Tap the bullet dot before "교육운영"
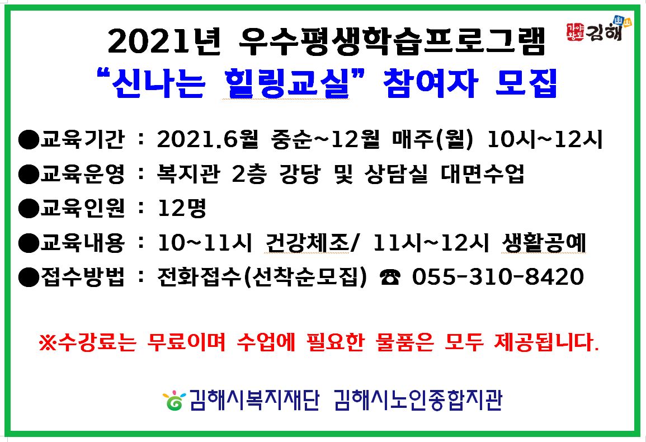click(x=27, y=175)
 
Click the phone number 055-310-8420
click(x=498, y=276)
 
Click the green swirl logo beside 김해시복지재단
click(x=174, y=401)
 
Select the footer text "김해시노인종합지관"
click(x=417, y=401)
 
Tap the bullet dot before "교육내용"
click(x=27, y=243)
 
